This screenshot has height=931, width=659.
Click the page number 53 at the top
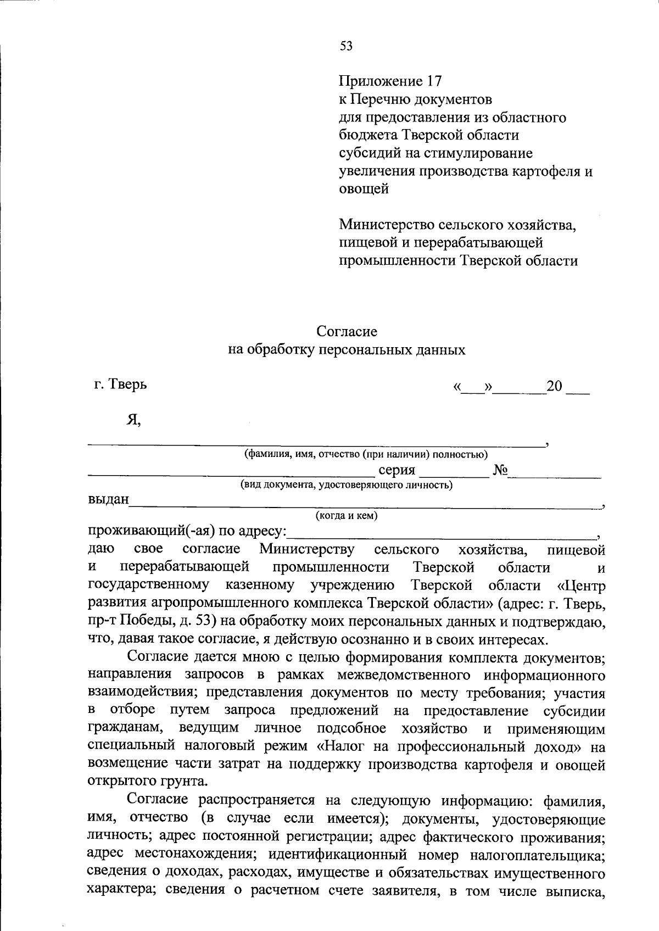pyautogui.click(x=346, y=46)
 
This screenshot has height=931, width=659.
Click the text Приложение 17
pyautogui.click(x=390, y=81)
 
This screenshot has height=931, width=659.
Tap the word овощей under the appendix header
pyautogui.click(x=364, y=189)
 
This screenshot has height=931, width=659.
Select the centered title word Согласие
pyautogui.click(x=347, y=331)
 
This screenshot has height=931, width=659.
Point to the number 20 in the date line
pyautogui.click(x=555, y=386)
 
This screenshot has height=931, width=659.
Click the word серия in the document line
pyautogui.click(x=396, y=470)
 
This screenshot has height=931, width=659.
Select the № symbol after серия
pyautogui.click(x=500, y=470)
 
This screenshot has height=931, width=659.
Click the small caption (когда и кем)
pyautogui.click(x=346, y=515)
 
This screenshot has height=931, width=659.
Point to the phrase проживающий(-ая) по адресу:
pyautogui.click(x=187, y=531)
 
